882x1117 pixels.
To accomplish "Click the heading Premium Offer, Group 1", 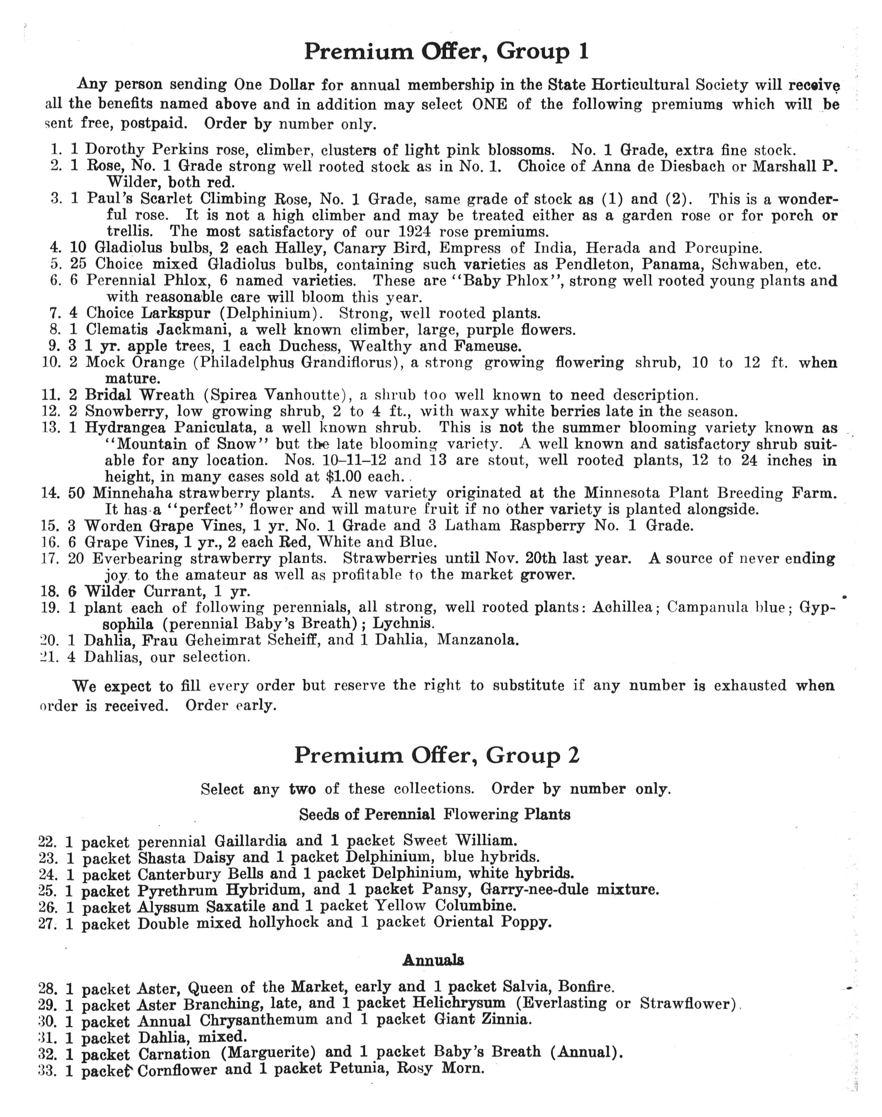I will pos(446,52).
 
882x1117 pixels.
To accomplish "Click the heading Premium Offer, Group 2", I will pos(437,755).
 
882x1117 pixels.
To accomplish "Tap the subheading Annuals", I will pos(433,960).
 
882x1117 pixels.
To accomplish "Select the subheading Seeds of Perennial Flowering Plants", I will pos(435,814).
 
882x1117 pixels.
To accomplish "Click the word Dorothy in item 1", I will pos(115,150).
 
